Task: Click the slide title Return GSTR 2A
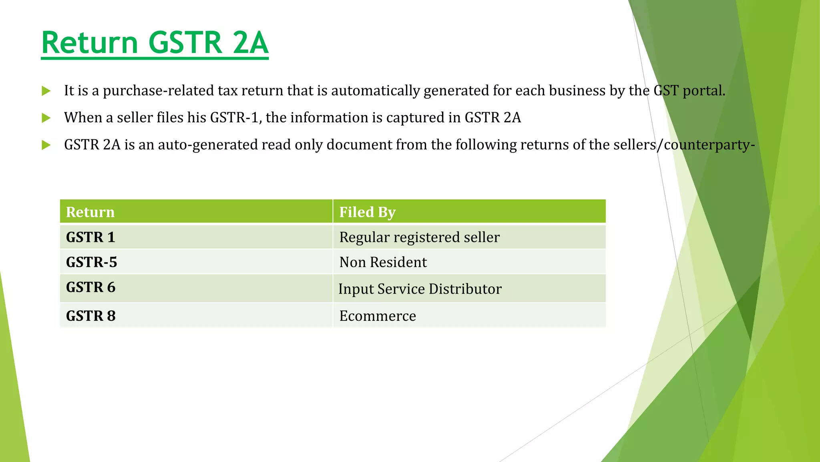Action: (155, 43)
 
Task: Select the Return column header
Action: (90, 212)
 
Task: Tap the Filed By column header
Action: (367, 212)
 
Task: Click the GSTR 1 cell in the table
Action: (90, 237)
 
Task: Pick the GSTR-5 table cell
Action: (91, 262)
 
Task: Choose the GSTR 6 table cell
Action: (90, 288)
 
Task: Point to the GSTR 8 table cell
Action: (90, 316)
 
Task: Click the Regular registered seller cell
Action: (419, 237)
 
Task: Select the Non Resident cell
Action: (383, 262)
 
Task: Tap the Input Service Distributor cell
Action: (420, 289)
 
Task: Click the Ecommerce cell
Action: (378, 316)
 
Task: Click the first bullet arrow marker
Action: (46, 91)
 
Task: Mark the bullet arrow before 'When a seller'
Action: (46, 118)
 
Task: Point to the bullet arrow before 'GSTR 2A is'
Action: (46, 145)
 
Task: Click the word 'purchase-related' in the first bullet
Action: (159, 91)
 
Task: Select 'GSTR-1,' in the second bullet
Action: (236, 118)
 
